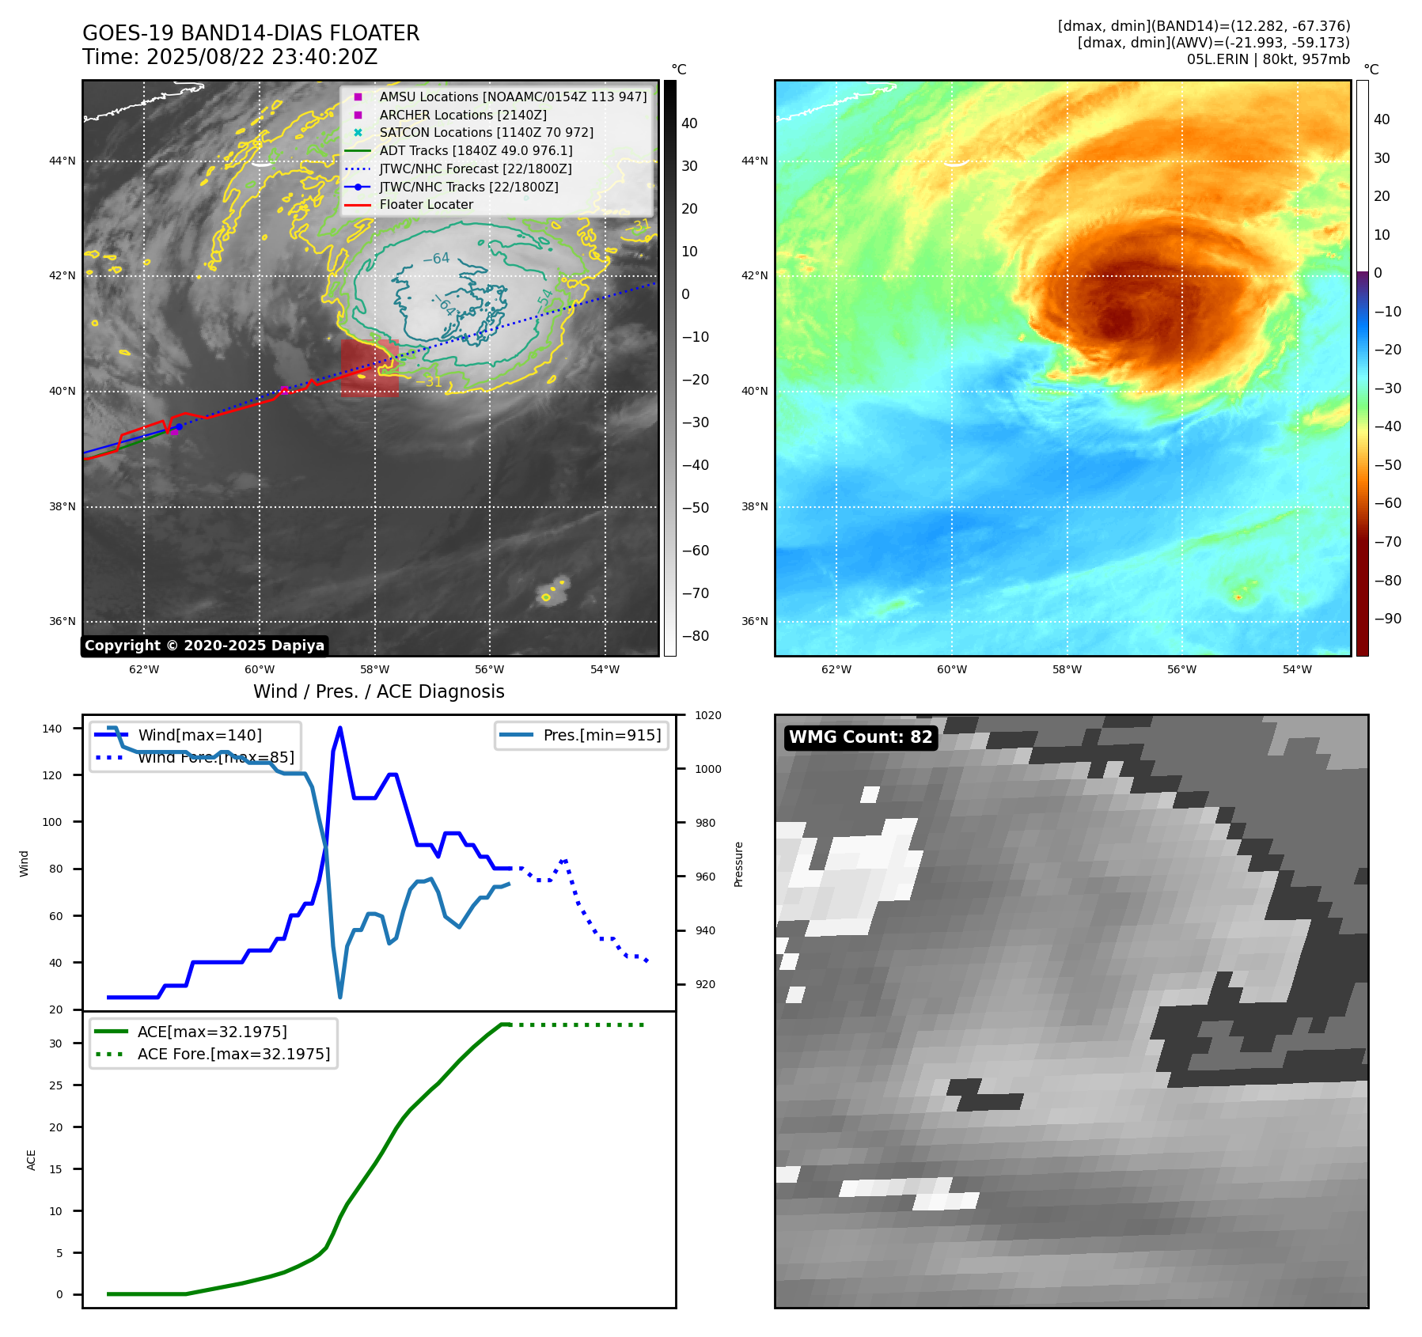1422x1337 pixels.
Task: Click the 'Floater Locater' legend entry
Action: coord(426,205)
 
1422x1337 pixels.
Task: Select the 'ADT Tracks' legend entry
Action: coord(476,150)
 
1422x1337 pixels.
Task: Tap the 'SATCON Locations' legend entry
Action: coord(486,133)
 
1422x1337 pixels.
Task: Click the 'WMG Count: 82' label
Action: coord(860,737)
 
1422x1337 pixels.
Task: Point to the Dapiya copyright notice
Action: coord(204,646)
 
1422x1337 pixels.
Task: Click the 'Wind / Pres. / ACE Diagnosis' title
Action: coord(378,691)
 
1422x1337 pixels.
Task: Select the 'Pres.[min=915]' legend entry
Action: coord(601,735)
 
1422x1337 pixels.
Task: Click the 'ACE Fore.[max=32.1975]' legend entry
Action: coord(233,1054)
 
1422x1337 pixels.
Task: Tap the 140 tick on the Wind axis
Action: coord(52,729)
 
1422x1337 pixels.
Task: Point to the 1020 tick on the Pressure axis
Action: coord(707,716)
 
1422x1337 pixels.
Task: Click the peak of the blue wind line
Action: coord(339,728)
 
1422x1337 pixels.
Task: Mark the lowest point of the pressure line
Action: coord(340,997)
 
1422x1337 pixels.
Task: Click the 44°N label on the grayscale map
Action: coord(63,161)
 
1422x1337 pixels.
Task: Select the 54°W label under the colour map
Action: coord(1297,669)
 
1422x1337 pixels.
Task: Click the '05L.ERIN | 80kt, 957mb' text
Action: coord(1268,59)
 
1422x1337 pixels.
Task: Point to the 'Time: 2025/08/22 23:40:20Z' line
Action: coord(229,58)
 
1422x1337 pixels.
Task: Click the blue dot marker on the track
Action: coord(179,427)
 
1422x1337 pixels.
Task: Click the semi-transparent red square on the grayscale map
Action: coord(370,368)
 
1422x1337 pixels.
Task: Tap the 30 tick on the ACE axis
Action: coord(55,1043)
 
